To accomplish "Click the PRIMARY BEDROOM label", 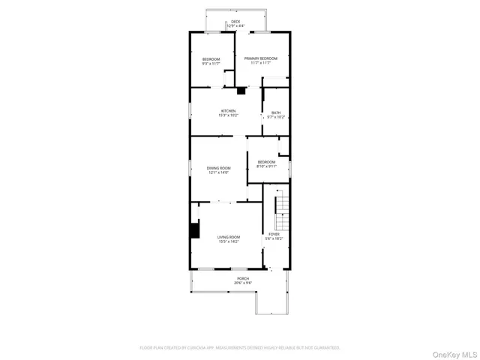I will (260, 58).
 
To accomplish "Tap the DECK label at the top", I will (235, 22).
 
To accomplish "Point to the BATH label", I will (276, 112).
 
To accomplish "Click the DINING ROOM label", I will (218, 168).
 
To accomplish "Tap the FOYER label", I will (274, 234).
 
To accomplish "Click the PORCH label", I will (243, 278).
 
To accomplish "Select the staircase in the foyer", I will (280, 213).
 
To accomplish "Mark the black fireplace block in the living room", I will (194, 231).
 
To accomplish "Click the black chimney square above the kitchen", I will (241, 91).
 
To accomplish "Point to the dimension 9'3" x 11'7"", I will (211, 64).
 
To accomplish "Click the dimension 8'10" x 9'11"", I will (266, 166).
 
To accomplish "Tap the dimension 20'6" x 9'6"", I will (243, 283).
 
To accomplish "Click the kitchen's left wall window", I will (190, 110).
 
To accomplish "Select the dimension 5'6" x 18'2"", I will (274, 238).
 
